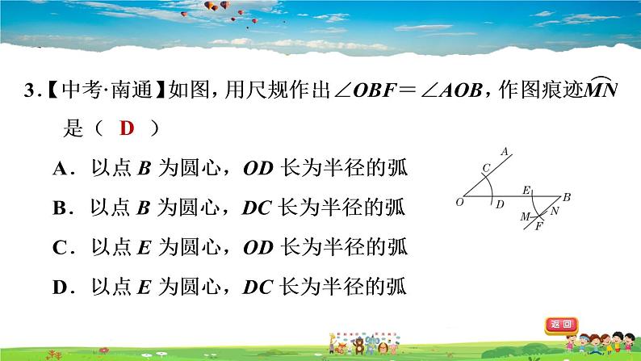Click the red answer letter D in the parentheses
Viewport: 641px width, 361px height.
pos(127,128)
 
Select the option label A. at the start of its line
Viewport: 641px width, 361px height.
pos(64,169)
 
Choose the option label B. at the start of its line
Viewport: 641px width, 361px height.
pos(64,208)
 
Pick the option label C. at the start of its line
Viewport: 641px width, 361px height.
pos(64,246)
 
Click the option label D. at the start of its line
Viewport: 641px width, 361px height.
pos(64,285)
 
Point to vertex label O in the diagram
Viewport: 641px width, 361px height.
pos(459,203)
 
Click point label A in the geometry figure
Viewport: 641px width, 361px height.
pos(505,151)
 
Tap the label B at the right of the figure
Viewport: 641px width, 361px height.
pos(567,197)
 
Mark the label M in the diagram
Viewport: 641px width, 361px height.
pos(524,217)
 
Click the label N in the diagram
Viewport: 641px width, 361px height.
pos(555,211)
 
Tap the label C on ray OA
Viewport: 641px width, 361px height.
pos(485,168)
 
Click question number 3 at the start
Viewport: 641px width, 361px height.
pos(30,90)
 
